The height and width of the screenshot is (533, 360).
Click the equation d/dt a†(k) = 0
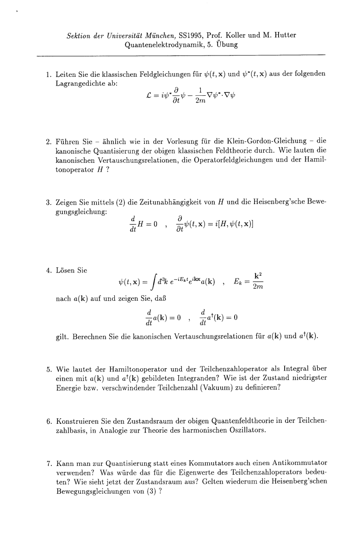coord(214,319)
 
